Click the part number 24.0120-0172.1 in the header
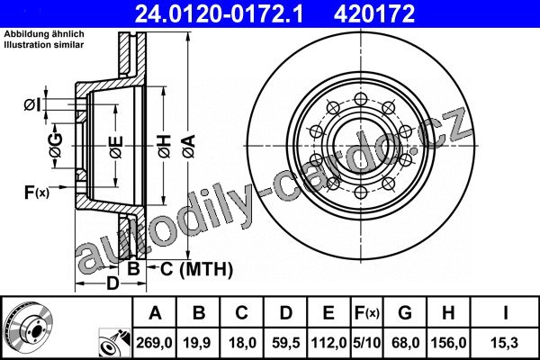point(219,13)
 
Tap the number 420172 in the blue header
point(374,13)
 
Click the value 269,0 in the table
point(154,343)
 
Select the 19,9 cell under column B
point(197,343)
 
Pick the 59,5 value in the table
point(286,343)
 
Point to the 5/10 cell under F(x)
point(367,343)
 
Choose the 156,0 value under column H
point(449,343)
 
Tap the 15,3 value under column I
point(505,343)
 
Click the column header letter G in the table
point(405,313)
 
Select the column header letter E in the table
point(328,313)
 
